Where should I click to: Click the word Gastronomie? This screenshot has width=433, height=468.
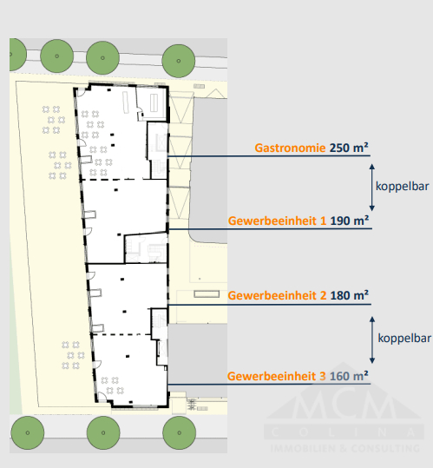pyautogui.click(x=290, y=148)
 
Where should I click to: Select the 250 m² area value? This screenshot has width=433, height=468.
pyautogui.click(x=350, y=148)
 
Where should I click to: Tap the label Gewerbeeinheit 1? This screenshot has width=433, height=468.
pyautogui.click(x=277, y=221)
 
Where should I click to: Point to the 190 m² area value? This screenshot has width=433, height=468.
pyautogui.click(x=350, y=221)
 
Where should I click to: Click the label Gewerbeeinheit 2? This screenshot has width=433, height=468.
pyautogui.click(x=277, y=295)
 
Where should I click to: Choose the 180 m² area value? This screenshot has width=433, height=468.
pyautogui.click(x=350, y=295)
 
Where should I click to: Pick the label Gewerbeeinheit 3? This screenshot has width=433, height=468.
pyautogui.click(x=277, y=376)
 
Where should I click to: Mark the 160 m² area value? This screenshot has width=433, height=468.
pyautogui.click(x=350, y=376)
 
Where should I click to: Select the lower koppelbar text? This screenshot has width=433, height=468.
pyautogui.click(x=403, y=337)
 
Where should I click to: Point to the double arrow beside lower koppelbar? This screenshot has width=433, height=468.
pyautogui.click(x=372, y=337)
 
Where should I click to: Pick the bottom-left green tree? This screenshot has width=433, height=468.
pyautogui.click(x=29, y=432)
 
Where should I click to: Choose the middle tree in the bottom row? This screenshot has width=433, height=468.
pyautogui.click(x=102, y=432)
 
